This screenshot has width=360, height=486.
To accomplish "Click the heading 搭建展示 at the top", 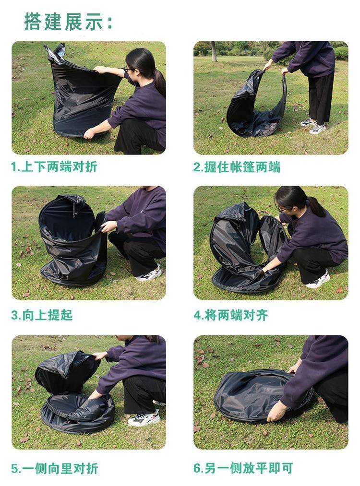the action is [68, 22].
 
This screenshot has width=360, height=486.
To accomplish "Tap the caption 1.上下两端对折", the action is [54, 167].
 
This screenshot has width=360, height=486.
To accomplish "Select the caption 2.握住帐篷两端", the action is [237, 167].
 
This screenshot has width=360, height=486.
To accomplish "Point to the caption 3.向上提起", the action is [42, 315].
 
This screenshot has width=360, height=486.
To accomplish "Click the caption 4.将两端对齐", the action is [231, 315].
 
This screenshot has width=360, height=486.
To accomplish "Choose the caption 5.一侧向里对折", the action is [55, 468].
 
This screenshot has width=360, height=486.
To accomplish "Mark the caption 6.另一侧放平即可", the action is [243, 468].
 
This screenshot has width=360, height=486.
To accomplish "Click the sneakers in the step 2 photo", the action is [313, 126].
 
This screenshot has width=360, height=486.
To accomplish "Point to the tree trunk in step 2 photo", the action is [214, 51].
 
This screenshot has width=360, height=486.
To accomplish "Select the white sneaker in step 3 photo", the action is [149, 274].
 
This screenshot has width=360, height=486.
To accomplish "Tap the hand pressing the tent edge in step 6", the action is [276, 411].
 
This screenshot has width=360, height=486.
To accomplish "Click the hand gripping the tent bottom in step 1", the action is [89, 133].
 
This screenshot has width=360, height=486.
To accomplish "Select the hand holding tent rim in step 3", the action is [108, 226].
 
